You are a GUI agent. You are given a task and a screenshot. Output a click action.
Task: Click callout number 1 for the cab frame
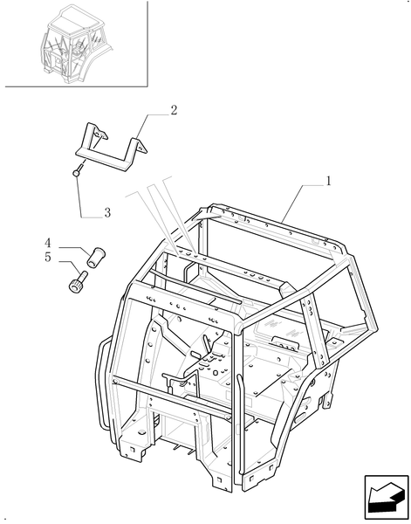[328, 181]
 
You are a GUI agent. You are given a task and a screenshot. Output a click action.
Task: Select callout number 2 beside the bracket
[174, 110]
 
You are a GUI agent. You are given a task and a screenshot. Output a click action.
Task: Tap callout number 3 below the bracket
[107, 212]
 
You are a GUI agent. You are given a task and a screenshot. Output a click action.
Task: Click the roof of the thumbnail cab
[74, 17]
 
